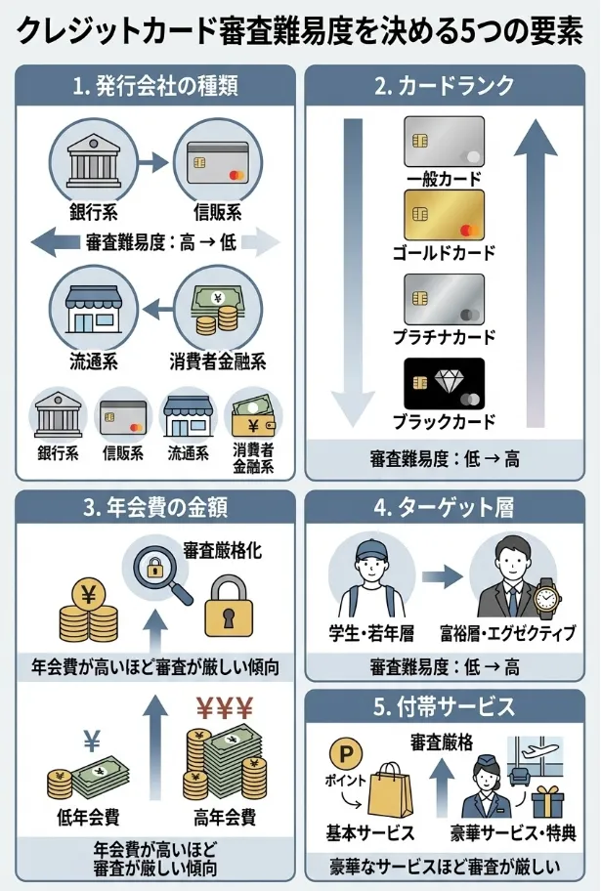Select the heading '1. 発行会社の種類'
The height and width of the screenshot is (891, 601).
[155, 86]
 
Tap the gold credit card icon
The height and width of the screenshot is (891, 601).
[445, 216]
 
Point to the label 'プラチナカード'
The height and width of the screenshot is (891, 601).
[445, 338]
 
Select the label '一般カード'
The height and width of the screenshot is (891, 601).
[445, 180]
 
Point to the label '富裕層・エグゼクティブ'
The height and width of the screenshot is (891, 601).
[508, 634]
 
